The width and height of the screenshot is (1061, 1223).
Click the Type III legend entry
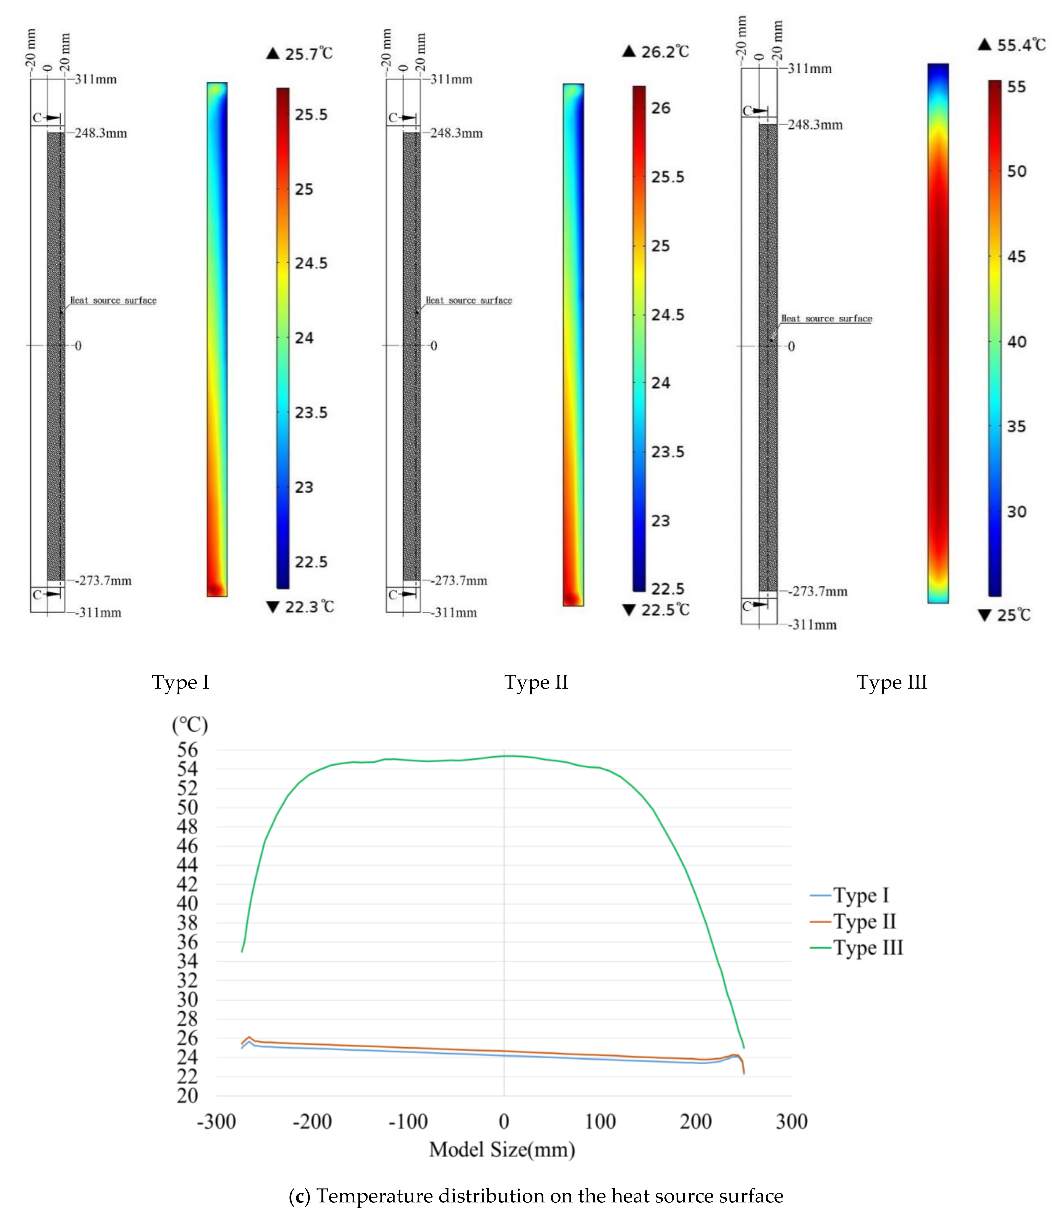[x=867, y=948]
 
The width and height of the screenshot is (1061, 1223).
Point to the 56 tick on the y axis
[x=187, y=750]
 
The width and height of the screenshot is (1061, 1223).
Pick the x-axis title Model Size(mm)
[x=501, y=1150]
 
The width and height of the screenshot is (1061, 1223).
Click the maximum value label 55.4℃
[x=1021, y=45]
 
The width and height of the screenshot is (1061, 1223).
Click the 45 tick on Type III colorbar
[x=1016, y=256]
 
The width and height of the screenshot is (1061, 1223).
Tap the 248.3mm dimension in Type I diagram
[x=101, y=133]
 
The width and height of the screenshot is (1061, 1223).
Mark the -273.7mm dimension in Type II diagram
[x=458, y=581]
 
